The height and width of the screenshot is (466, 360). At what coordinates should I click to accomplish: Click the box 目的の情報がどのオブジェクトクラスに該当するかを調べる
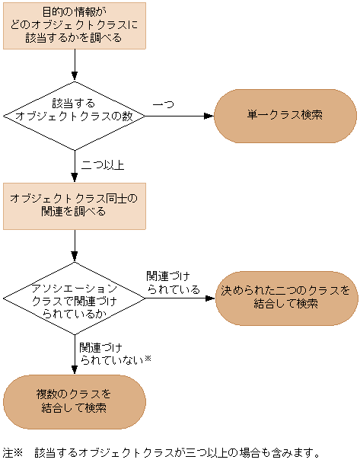[74, 25]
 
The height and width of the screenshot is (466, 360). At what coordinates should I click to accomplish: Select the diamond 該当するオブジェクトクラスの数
[74, 116]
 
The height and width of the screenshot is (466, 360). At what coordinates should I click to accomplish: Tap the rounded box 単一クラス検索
[285, 116]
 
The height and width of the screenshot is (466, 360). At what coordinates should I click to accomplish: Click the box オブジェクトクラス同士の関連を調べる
[74, 205]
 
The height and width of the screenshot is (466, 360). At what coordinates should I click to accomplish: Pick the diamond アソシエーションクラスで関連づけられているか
[74, 297]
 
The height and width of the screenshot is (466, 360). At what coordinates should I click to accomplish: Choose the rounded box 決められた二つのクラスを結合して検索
[286, 297]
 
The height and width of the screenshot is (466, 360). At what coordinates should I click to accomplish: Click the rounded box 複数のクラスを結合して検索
[74, 401]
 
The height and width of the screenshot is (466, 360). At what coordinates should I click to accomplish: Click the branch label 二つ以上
[103, 164]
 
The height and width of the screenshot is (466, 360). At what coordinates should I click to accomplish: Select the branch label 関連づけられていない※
[114, 353]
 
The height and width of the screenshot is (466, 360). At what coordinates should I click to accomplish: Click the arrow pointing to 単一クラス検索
[179, 116]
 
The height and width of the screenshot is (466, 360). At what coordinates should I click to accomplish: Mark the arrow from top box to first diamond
[75, 65]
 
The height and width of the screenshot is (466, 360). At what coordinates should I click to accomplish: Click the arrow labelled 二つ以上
[75, 165]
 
